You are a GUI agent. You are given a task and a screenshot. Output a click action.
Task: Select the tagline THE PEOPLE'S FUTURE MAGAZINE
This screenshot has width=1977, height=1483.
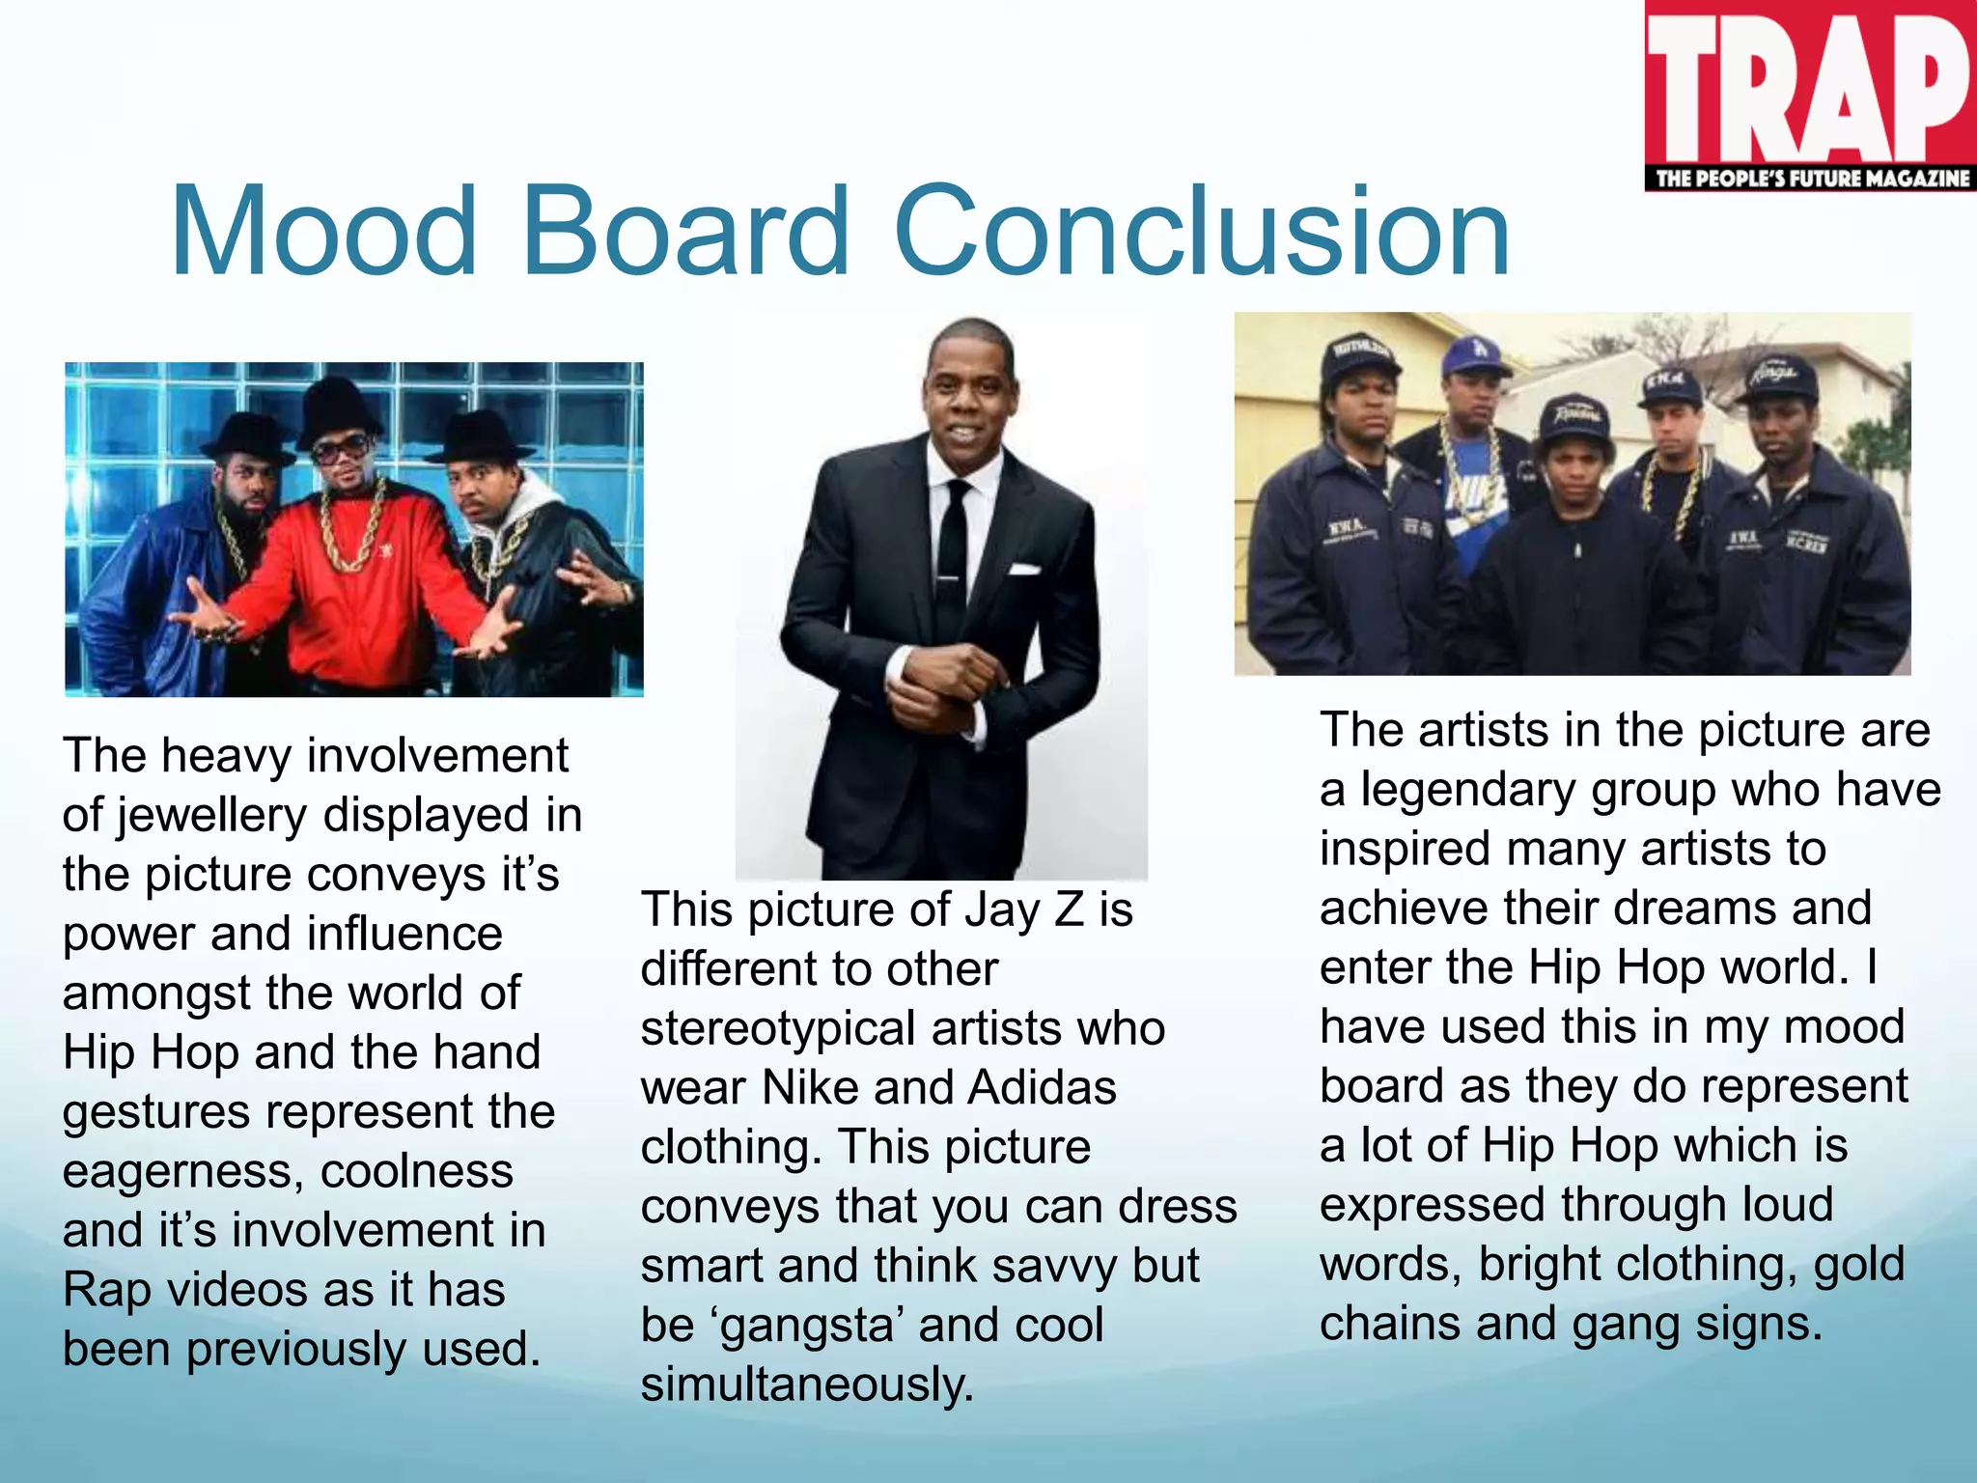1812,179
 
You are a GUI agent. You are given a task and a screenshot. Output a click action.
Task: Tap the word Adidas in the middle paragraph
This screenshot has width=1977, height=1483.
1042,1088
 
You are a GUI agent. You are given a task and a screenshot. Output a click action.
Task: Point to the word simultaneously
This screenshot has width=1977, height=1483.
807,1385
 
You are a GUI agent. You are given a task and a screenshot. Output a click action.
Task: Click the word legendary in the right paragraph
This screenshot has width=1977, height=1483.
1467,791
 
